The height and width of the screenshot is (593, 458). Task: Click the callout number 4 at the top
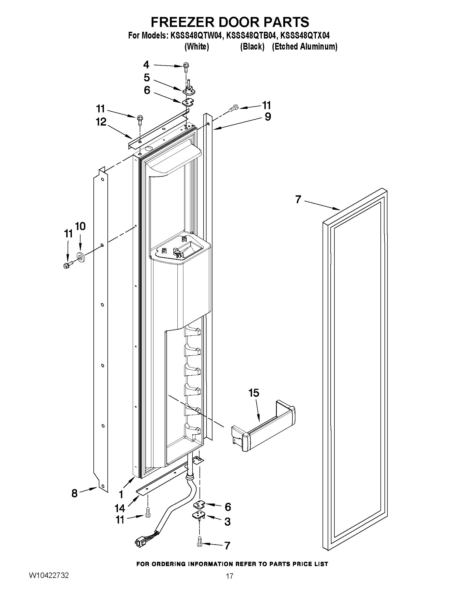146,65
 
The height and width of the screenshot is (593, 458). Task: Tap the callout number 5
146,78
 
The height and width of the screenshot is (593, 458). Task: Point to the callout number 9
268,117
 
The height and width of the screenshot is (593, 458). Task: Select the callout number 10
80,226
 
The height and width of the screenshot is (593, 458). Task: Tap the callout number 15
254,393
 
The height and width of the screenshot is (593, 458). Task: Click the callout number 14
119,508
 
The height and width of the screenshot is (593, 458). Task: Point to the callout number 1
121,494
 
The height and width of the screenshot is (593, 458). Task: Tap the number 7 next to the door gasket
298,200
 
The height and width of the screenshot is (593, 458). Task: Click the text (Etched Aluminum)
305,47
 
